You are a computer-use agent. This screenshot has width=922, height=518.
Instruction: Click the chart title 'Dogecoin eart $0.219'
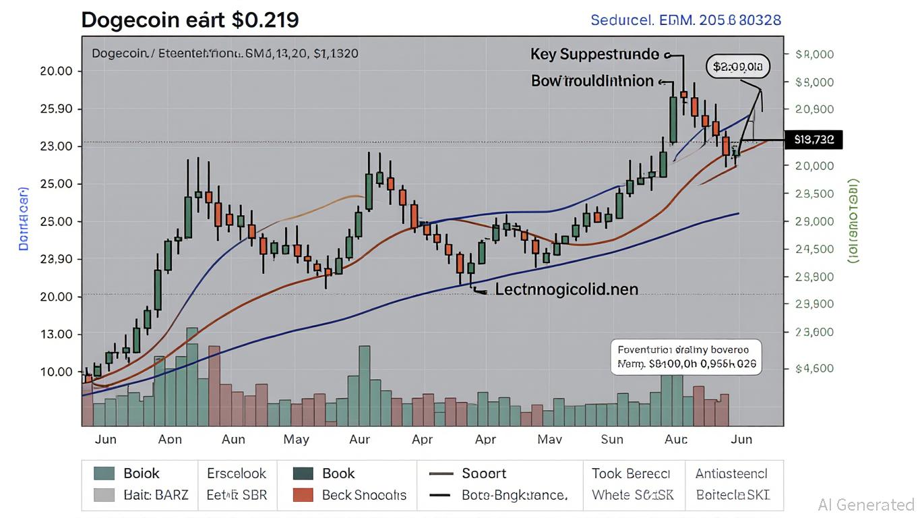189,20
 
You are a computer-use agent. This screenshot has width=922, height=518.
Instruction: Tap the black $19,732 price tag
813,140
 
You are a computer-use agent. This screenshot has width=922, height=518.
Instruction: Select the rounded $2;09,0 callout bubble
738,66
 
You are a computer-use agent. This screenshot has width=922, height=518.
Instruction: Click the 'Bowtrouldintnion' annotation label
592,81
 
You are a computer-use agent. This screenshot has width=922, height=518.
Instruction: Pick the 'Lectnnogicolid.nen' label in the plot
566,289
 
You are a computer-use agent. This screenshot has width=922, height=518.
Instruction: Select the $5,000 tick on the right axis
814,82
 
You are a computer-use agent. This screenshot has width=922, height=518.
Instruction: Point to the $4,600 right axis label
814,368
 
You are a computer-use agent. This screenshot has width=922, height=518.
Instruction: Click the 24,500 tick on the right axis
814,249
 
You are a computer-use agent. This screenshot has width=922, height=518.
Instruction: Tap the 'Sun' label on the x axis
611,439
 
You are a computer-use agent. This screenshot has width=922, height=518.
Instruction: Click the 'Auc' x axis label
675,439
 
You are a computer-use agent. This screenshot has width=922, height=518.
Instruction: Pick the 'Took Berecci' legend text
631,473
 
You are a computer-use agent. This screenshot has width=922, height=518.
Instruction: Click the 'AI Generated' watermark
866,505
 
